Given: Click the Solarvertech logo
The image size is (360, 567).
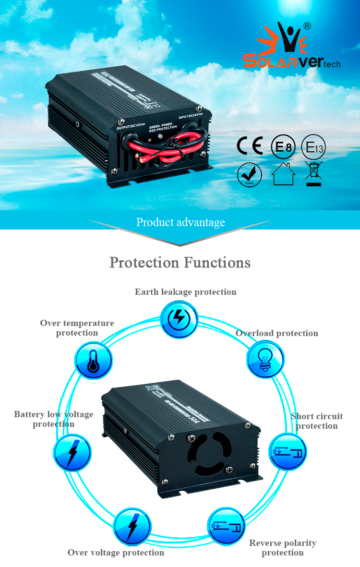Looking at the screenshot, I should (x=291, y=48).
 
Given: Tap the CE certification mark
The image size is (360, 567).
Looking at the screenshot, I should (x=250, y=146).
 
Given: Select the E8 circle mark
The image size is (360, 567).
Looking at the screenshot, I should (x=283, y=146).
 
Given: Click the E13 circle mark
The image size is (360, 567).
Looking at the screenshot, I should (x=313, y=147).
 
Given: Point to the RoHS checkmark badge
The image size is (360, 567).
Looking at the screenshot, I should (x=250, y=175).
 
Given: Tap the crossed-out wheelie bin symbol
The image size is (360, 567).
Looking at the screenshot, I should (x=313, y=174).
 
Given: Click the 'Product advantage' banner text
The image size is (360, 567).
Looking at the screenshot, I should (x=180, y=222).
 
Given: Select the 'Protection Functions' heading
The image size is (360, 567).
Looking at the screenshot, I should (x=180, y=263).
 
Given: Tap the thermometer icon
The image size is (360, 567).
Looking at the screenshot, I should (x=94, y=360).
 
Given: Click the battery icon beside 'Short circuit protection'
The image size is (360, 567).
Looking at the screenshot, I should (x=287, y=452).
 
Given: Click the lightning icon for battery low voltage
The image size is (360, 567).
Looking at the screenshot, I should (x=72, y=452).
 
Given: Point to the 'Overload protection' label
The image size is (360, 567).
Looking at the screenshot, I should (x=276, y=333).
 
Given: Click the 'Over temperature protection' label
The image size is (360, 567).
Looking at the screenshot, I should (x=77, y=328).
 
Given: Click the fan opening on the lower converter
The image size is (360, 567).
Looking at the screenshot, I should (x=209, y=453).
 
